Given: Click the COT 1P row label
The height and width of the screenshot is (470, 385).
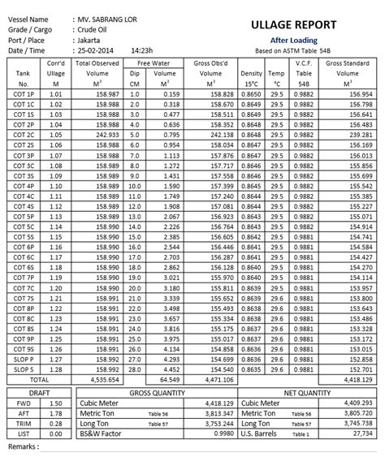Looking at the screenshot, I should tap(24, 94).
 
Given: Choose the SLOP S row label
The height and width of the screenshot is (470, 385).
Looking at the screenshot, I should tap(24, 369).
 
